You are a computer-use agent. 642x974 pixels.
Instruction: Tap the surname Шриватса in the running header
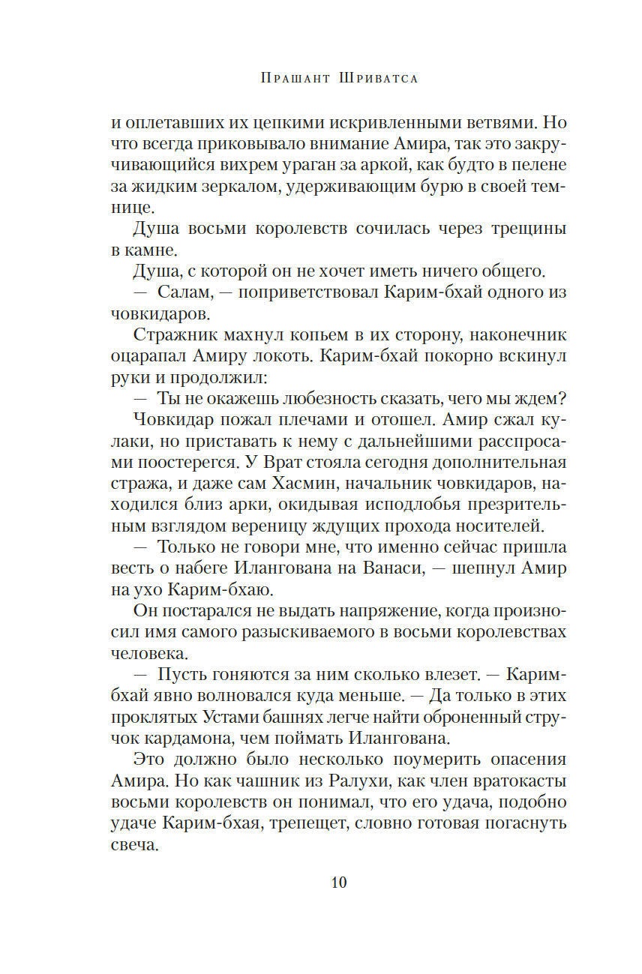tap(372, 78)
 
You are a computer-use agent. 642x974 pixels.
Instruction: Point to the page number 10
tap(338, 883)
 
